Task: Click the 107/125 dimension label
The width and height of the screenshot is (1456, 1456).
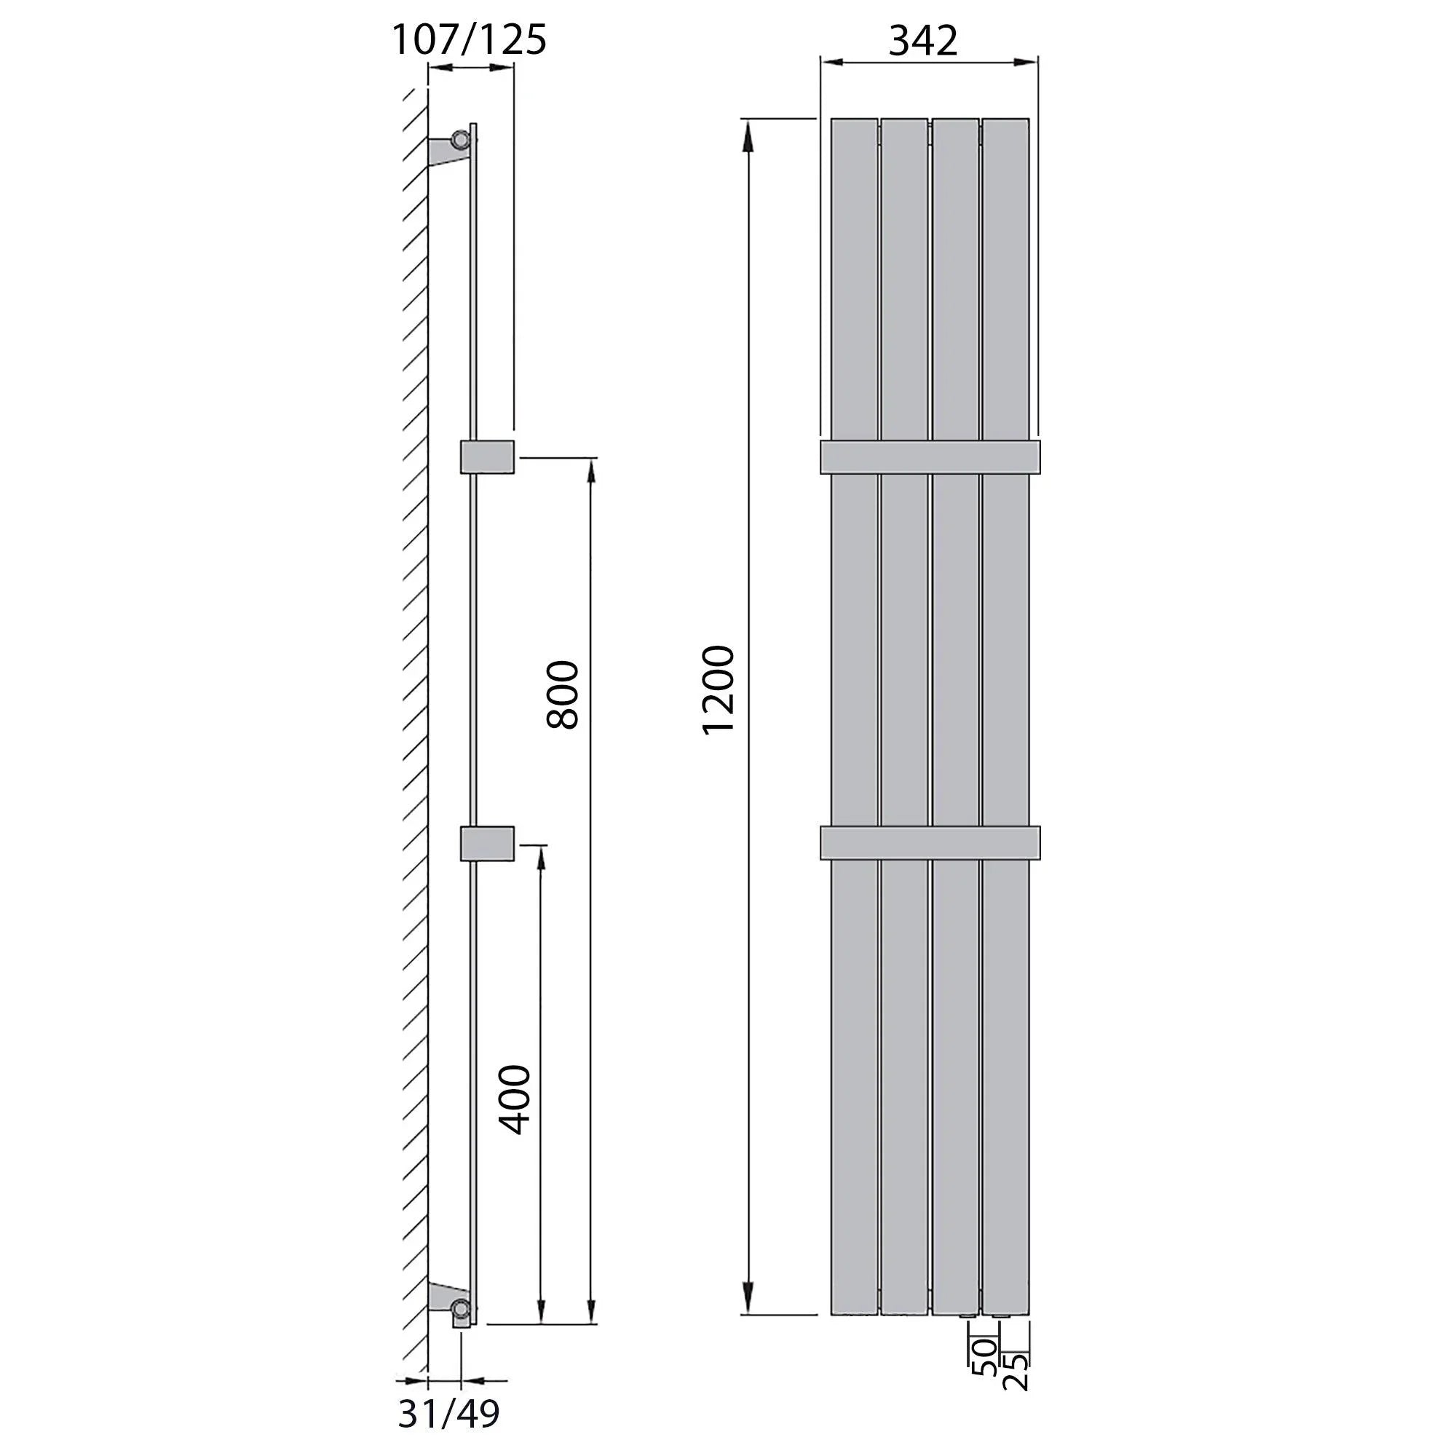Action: coord(469,39)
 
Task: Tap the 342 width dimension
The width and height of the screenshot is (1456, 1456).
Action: coord(923,40)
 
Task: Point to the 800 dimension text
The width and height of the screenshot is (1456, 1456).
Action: coord(562,694)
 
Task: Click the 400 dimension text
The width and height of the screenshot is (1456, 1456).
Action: coord(516,1099)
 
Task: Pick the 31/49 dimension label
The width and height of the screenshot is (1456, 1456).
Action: coord(448,1415)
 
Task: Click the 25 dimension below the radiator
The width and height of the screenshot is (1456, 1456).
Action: coord(1015,1372)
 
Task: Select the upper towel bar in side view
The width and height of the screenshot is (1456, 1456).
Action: coord(488,456)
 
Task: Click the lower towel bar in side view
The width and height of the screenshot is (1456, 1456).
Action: coord(488,843)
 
